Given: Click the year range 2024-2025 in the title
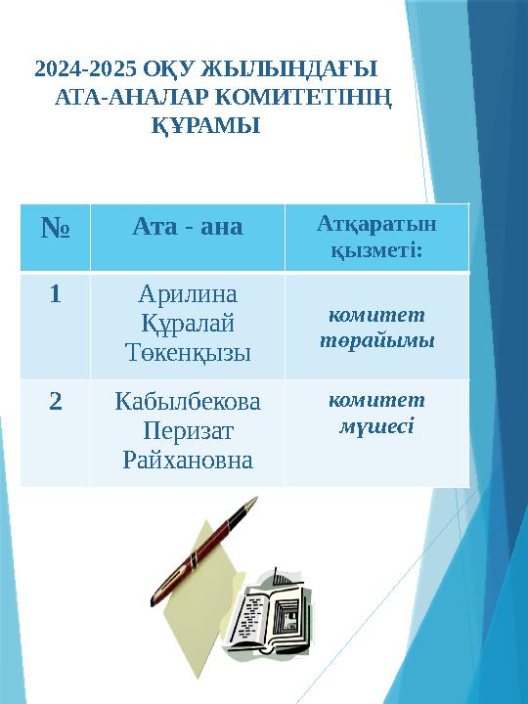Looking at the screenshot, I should pyautogui.click(x=84, y=71).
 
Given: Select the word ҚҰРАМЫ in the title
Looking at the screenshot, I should pyautogui.click(x=205, y=126).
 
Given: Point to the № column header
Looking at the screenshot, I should pyautogui.click(x=55, y=231).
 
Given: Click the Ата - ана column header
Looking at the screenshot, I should pyautogui.click(x=187, y=228).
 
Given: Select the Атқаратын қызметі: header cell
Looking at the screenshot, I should pyautogui.click(x=376, y=238).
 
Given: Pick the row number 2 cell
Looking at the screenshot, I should pyautogui.click(x=56, y=401).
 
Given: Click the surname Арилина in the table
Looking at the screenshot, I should pyautogui.click(x=187, y=295).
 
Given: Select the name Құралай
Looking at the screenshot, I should pyautogui.click(x=187, y=324).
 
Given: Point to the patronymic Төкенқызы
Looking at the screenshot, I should pyautogui.click(x=187, y=352).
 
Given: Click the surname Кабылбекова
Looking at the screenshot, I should pyautogui.click(x=188, y=402).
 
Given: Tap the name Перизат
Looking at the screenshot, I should pyautogui.click(x=188, y=430).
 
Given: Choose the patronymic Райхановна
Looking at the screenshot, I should pyautogui.click(x=188, y=459).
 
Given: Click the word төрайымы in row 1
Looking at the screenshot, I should pyautogui.click(x=376, y=342).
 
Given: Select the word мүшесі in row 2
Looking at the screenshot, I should pyautogui.click(x=376, y=427).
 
